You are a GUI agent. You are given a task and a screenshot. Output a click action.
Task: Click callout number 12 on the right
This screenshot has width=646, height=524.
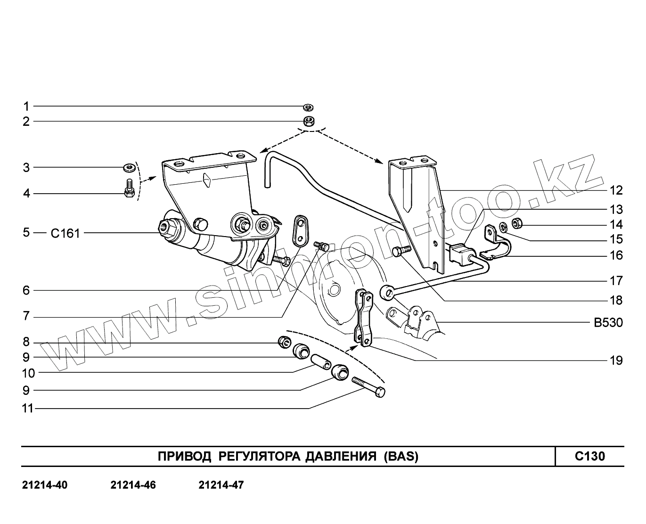[616, 190]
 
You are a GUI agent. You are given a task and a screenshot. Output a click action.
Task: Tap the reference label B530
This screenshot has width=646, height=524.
[608, 323]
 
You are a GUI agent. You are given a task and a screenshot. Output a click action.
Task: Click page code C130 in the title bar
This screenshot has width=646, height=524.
[589, 456]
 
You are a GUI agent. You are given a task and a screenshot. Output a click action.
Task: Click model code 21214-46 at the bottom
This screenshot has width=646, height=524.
[133, 485]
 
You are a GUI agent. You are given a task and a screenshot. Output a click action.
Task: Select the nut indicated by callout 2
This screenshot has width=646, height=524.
[309, 121]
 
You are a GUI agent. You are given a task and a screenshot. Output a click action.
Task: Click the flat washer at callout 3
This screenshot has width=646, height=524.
[128, 167]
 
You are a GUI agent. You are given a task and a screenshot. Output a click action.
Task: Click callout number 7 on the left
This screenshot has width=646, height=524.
[26, 316]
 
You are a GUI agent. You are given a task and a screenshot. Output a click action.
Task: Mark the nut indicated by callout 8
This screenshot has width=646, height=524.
[284, 341]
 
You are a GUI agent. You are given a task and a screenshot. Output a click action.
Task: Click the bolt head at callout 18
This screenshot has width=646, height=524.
[399, 252]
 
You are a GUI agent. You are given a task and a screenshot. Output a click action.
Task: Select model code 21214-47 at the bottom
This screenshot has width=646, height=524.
[221, 485]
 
